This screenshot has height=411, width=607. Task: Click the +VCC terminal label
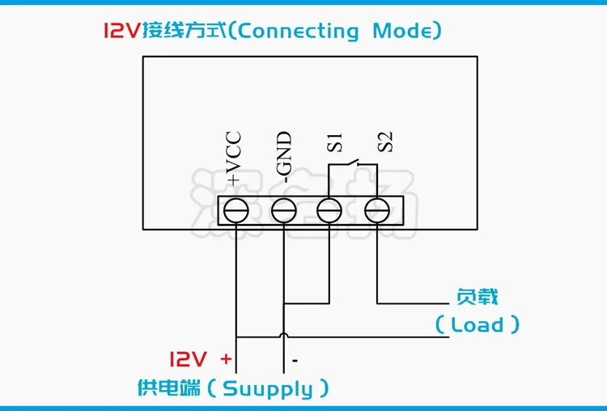pyautogui.click(x=236, y=157)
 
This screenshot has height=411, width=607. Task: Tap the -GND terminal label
pyautogui.click(x=282, y=157)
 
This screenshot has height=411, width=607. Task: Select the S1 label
pyautogui.click(x=335, y=142)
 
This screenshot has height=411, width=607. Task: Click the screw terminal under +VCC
pyautogui.click(x=236, y=211)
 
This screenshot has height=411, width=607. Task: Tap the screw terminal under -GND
pyautogui.click(x=282, y=211)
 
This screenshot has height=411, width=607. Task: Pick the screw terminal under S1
pyautogui.click(x=329, y=211)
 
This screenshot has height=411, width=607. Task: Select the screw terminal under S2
pyautogui.click(x=376, y=211)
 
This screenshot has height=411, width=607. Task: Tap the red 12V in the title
pyautogui.click(x=121, y=32)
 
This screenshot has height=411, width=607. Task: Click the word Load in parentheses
pyautogui.click(x=478, y=325)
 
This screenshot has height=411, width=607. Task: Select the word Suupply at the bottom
pyautogui.click(x=267, y=389)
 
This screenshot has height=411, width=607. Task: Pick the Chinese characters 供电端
pyautogui.click(x=168, y=388)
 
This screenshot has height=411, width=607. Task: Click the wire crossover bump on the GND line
pyautogui.click(x=282, y=335)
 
